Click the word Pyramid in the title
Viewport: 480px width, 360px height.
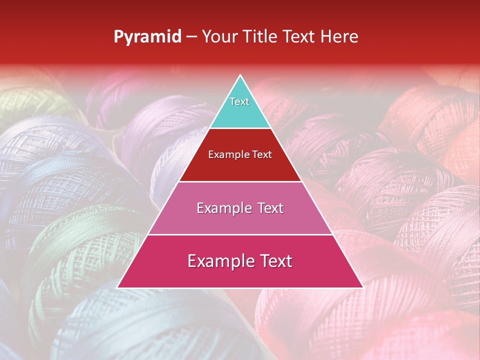(x=147, y=37)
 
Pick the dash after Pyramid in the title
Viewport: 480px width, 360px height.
(x=191, y=37)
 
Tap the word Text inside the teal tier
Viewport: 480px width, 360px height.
(x=239, y=101)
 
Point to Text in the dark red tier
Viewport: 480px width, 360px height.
(x=262, y=154)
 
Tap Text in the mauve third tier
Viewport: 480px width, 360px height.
(x=269, y=208)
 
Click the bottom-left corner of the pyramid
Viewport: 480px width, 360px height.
(x=118, y=287)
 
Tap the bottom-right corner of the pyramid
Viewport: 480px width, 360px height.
(x=362, y=287)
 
